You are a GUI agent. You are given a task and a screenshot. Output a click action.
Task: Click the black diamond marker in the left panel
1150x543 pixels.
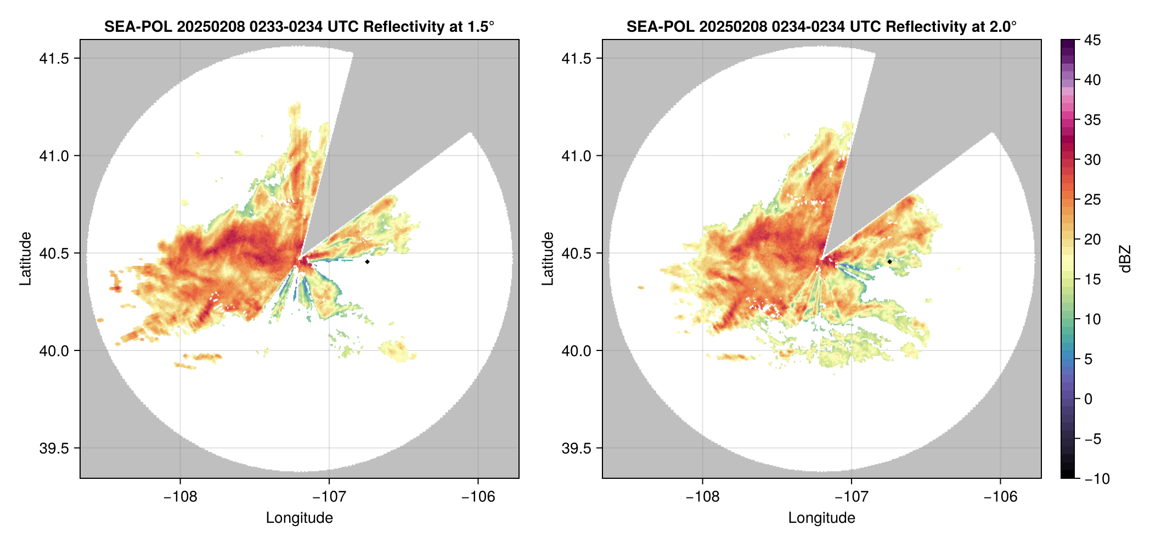coord(367,262)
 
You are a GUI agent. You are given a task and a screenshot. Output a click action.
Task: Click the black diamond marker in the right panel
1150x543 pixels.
coord(889,262)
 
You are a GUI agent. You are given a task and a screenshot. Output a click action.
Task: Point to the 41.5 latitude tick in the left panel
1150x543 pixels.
coord(54,59)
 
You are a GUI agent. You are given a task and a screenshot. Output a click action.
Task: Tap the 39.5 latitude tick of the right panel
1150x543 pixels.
coord(577,448)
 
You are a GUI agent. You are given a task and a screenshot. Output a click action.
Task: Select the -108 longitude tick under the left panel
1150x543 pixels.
coord(180,497)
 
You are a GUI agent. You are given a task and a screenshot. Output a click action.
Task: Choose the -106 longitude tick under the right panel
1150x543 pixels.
coord(1000,497)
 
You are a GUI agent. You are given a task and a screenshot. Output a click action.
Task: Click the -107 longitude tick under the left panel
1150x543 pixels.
coord(329,497)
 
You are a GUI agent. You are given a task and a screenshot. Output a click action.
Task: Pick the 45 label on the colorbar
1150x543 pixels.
coord(1092,40)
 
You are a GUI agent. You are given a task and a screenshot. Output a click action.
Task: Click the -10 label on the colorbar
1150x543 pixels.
coord(1097,479)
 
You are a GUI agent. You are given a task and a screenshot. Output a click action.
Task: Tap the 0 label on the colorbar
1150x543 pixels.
coord(1089,399)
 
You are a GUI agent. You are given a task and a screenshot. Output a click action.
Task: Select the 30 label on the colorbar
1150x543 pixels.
coord(1092,160)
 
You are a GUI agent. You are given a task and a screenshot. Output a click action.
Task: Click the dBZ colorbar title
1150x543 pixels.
coord(1126,259)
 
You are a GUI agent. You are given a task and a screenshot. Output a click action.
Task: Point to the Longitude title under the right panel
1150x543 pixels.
coord(822,518)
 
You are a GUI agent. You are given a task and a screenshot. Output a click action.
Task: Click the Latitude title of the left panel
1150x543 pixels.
coord(25,259)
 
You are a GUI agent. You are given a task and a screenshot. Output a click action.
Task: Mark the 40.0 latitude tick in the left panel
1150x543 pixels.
coord(54,350)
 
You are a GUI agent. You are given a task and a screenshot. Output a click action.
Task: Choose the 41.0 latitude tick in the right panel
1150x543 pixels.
coord(577,156)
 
